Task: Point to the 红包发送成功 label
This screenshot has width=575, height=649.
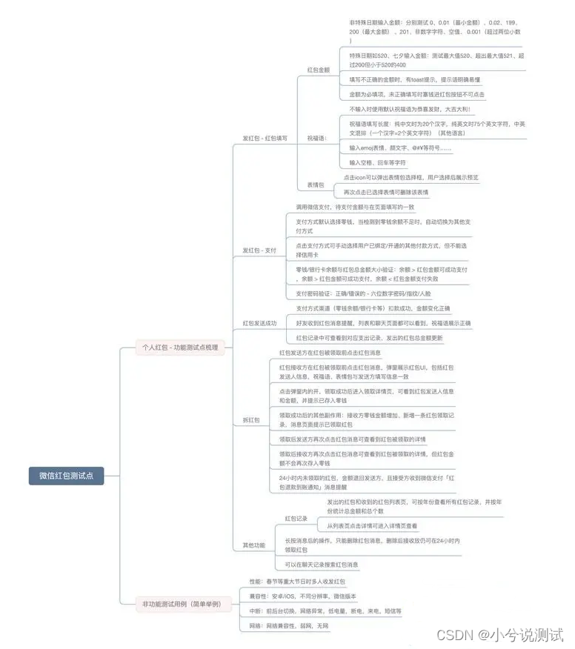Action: pyautogui.click(x=259, y=323)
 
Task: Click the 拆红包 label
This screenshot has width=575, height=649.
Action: pyautogui.click(x=251, y=420)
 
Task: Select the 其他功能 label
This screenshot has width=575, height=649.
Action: pyautogui.click(x=253, y=545)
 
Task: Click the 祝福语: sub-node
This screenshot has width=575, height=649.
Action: pyautogui.click(x=317, y=139)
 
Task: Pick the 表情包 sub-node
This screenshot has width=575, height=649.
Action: pyautogui.click(x=316, y=184)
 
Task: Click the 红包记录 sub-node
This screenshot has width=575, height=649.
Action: pyautogui.click(x=296, y=519)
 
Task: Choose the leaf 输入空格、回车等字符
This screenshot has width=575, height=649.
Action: pyautogui.click(x=377, y=162)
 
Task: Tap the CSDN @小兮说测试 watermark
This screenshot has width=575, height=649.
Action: pyautogui.click(x=499, y=634)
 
